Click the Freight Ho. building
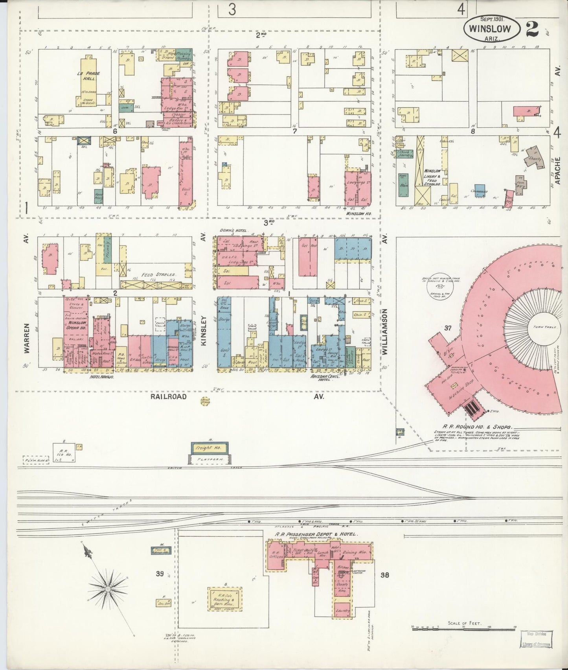(210, 448)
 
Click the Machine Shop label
(462, 390)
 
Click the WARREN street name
(27, 339)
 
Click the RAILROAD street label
(168, 397)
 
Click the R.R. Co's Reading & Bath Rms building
(224, 600)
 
